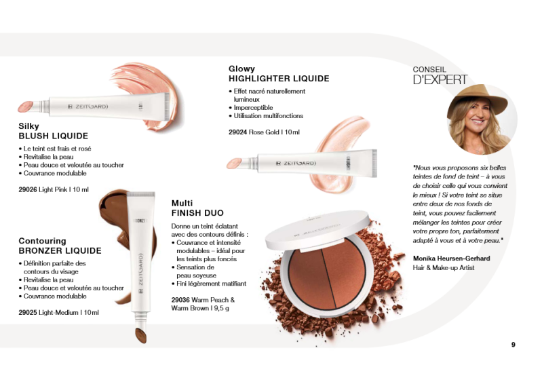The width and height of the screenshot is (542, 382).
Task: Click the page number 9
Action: [513, 345]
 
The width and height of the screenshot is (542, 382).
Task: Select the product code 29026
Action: [28, 189]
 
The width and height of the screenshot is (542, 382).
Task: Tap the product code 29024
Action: [238, 132]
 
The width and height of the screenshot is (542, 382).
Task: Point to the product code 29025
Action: [28, 313]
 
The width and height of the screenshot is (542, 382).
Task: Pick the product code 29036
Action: [181, 299]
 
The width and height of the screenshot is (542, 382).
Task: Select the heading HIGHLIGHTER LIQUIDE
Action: [279, 79]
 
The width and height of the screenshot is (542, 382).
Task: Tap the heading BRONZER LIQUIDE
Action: [60, 251]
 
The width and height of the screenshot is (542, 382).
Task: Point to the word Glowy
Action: [241, 69]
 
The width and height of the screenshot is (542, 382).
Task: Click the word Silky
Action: [29, 126]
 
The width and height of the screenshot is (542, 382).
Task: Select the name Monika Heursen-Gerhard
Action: [451, 259]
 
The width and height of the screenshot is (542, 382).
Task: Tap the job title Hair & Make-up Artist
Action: [444, 268]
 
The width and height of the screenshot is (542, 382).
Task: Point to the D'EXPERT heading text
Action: [440, 80]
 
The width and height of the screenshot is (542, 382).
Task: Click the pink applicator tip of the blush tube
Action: [25, 107]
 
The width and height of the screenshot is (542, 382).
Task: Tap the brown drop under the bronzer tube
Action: [140, 335]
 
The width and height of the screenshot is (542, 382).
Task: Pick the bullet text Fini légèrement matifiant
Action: [211, 284]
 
